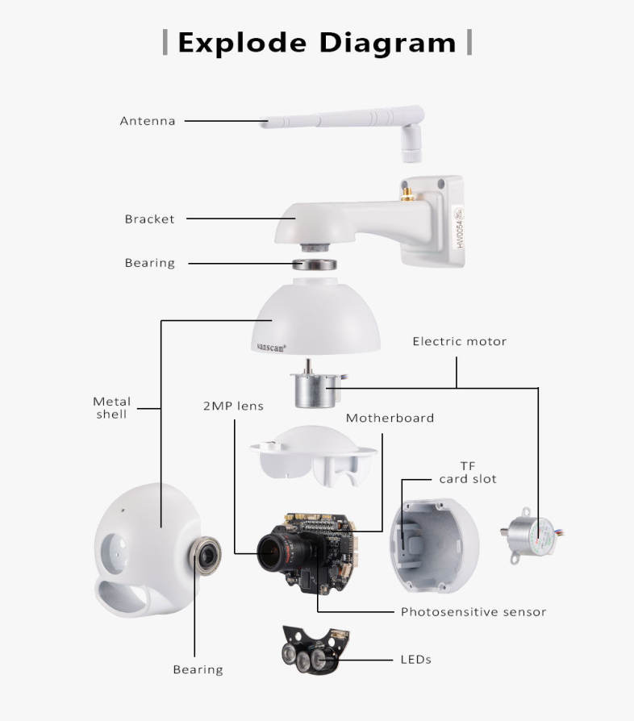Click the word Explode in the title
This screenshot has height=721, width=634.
(243, 42)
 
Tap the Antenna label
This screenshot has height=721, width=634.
(148, 121)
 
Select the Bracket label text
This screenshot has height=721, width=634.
(149, 219)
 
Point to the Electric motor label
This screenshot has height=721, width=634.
(460, 341)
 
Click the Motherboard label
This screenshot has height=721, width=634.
(390, 418)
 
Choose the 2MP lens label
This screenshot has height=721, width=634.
(233, 406)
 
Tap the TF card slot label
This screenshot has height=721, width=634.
(468, 473)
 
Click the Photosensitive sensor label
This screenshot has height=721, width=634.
(473, 611)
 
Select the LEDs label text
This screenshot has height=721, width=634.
(416, 659)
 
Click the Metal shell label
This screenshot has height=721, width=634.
(112, 407)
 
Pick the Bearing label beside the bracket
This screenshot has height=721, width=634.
(149, 263)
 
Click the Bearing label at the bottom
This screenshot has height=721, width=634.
(198, 669)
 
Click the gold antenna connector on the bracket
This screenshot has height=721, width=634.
(406, 194)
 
